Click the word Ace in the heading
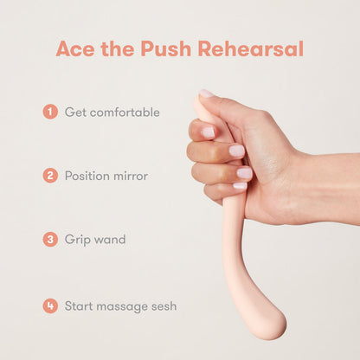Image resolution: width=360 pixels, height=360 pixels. (75, 48)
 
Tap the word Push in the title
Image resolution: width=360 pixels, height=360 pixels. (166, 48)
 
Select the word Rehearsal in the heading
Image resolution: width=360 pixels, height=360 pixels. (251, 48)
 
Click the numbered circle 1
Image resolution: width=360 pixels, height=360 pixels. (50, 112)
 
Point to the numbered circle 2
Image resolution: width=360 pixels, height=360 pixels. (50, 176)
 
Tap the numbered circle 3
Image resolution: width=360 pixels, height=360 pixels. (50, 239)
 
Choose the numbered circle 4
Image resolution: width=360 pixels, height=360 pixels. (50, 305)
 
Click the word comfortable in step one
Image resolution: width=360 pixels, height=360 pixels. (125, 112)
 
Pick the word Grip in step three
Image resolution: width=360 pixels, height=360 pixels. (74, 240)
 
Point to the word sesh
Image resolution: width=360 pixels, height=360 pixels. (164, 306)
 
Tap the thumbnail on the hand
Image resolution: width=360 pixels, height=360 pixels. (206, 93)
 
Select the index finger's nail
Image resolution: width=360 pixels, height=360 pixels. (208, 132)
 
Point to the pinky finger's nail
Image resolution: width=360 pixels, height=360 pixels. (240, 185)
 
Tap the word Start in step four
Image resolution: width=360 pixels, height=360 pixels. (79, 306)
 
